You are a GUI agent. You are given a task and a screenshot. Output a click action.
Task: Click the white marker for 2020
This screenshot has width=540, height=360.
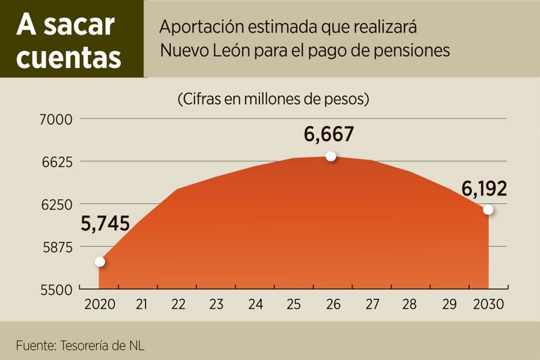[x=100, y=261]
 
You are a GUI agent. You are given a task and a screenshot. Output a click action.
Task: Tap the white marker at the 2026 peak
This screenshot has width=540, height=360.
[x=331, y=156]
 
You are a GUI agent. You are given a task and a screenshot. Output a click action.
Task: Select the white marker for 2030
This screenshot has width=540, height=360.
[x=488, y=210]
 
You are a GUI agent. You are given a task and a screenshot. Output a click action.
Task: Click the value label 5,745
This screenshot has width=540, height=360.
[x=105, y=224]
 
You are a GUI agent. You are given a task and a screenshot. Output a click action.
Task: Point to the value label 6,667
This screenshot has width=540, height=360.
[x=329, y=134]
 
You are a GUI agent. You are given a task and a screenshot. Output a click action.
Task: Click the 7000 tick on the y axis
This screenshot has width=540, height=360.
[x=56, y=119]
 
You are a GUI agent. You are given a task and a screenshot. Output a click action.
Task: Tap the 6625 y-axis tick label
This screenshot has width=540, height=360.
[x=56, y=161]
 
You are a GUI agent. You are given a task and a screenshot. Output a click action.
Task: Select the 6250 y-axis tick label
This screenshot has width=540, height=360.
[x=56, y=204]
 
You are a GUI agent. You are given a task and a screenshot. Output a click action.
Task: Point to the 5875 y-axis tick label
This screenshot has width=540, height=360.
[x=56, y=247]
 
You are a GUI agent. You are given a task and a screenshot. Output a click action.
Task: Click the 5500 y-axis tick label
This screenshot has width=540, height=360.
[x=56, y=289]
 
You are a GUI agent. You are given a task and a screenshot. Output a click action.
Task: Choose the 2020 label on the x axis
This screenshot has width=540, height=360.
[x=100, y=304]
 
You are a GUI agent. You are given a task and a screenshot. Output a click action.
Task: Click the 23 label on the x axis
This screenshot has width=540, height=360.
[x=217, y=304]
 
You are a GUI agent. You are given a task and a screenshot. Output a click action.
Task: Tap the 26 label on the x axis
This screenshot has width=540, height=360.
[x=333, y=304]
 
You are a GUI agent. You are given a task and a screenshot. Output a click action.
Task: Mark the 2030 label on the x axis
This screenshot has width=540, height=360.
[x=488, y=304]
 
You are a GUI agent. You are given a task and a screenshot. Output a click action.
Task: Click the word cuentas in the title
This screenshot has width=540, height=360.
[x=69, y=57]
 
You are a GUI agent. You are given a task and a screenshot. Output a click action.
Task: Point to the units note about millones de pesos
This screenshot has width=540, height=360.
[x=273, y=100]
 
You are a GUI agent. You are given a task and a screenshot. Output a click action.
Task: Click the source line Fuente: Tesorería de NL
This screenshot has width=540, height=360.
[x=80, y=345]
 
